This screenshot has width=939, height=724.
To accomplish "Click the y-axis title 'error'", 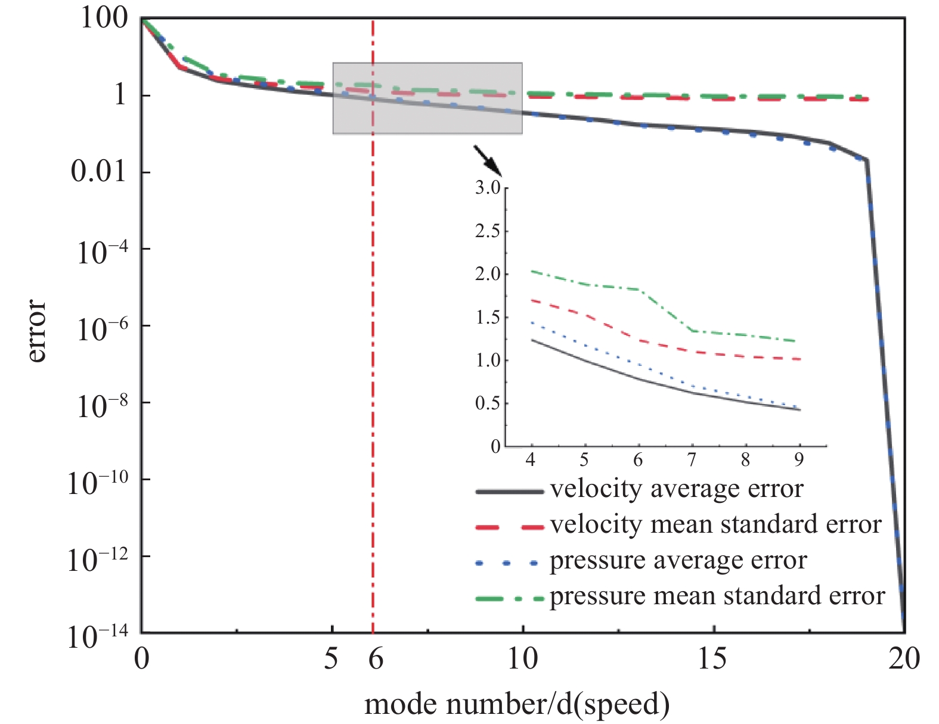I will tap(37, 331).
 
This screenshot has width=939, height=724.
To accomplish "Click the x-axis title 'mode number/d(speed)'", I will tap(516, 704).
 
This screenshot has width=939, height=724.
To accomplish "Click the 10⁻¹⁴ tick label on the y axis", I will tap(97, 636).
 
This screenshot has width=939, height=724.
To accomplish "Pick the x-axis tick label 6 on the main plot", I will tap(375, 660).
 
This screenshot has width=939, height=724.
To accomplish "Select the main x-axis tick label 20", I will tap(904, 660).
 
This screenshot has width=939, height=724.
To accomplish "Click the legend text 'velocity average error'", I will tap(677, 489).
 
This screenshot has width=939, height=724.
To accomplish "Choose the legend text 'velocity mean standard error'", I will tap(715, 525).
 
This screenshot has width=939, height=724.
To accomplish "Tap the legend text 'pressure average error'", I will tap(678, 561).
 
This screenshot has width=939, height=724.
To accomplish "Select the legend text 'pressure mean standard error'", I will tap(717, 596).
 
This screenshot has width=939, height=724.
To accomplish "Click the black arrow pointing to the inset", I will tap(488, 160).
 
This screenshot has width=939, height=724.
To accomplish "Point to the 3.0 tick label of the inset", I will tap(488, 188).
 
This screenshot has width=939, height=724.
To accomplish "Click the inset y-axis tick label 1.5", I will tap(488, 317).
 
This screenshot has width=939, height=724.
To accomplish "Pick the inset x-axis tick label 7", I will tap(692, 460).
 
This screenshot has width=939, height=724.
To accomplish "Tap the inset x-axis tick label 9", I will tap(799, 460).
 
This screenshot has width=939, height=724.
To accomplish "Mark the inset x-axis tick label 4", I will tap(530, 460).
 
